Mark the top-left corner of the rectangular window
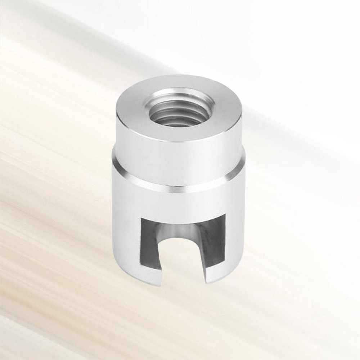point(142,218)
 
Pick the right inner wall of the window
point(216,245)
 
